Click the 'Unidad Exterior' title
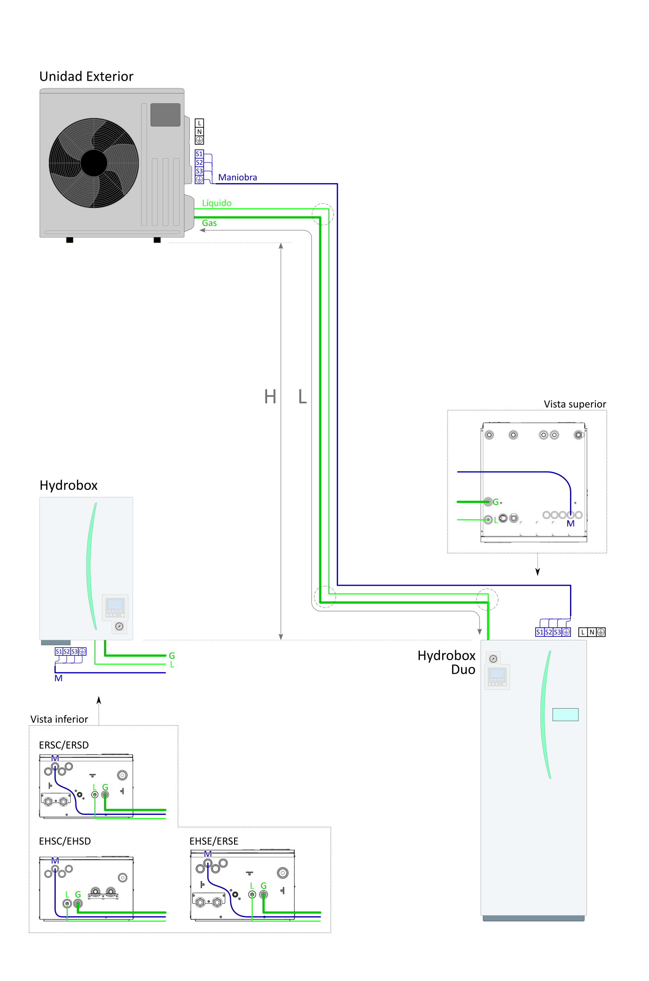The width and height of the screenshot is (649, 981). [86, 76]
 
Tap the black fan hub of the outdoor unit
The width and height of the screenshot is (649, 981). [94, 163]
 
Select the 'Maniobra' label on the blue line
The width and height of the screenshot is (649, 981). [237, 177]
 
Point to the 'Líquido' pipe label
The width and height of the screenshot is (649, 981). [217, 203]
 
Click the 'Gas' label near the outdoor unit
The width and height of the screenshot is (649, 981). [209, 223]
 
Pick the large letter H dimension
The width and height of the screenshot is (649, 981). [270, 397]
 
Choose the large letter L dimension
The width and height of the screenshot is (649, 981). [302, 397]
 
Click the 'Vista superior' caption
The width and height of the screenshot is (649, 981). [574, 404]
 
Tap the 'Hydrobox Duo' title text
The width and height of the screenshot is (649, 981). [446, 662]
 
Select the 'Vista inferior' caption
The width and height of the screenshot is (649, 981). [59, 719]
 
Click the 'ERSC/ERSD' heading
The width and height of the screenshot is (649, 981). [64, 745]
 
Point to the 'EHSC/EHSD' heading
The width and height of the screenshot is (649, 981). [65, 841]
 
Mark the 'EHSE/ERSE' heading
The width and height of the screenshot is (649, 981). [214, 841]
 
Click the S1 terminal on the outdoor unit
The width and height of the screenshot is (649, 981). [199, 154]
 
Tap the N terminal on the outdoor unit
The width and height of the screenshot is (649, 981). [200, 132]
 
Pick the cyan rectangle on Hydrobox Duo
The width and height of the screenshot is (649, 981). [565, 714]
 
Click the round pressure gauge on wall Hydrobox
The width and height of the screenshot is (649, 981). [119, 626]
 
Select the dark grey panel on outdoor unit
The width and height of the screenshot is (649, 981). [165, 115]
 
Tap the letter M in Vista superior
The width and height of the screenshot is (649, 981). [570, 524]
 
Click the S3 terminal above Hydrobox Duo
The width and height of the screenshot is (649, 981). [557, 632]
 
